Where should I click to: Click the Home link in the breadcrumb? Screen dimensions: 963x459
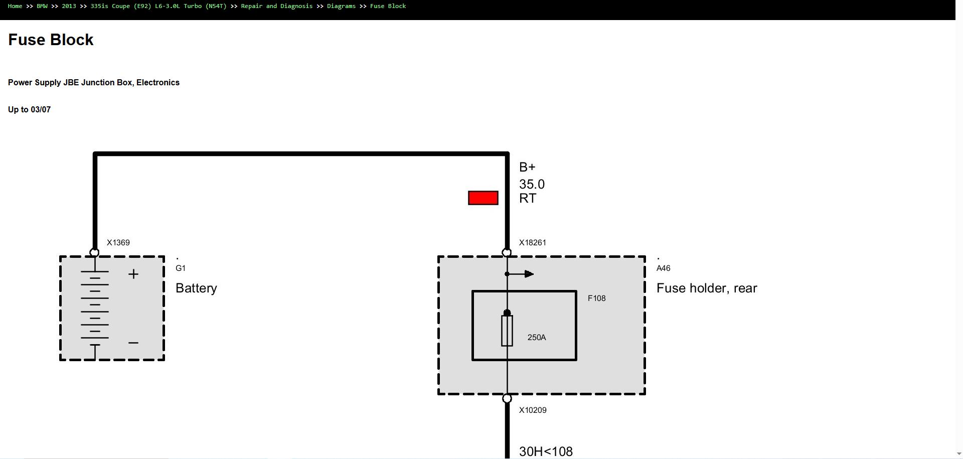click(x=15, y=6)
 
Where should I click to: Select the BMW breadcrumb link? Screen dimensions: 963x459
click(x=42, y=6)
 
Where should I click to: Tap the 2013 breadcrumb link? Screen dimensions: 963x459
click(x=69, y=6)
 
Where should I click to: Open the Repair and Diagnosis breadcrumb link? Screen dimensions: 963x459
click(x=277, y=6)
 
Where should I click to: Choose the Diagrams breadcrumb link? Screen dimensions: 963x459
click(x=341, y=6)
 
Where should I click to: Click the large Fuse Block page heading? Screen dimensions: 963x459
click(x=51, y=40)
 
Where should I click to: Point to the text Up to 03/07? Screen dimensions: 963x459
click(x=29, y=109)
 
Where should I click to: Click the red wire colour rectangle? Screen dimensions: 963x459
click(x=483, y=198)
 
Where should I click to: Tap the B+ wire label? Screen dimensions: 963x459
click(x=527, y=167)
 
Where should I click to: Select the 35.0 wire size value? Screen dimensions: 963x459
click(x=532, y=184)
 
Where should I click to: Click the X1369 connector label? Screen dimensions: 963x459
click(x=118, y=242)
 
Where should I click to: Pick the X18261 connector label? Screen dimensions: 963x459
click(x=533, y=242)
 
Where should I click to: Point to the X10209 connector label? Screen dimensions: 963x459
click(x=533, y=410)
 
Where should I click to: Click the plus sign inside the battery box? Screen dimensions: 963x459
click(x=133, y=274)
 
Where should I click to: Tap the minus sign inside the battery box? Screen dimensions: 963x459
click(x=133, y=343)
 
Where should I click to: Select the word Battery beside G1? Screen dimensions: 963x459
click(x=196, y=288)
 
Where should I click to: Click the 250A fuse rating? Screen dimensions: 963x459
click(x=537, y=337)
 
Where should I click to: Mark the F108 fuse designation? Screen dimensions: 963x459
click(x=597, y=298)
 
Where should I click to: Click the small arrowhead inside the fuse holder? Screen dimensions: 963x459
click(x=529, y=274)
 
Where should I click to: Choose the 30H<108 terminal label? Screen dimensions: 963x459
click(x=546, y=451)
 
